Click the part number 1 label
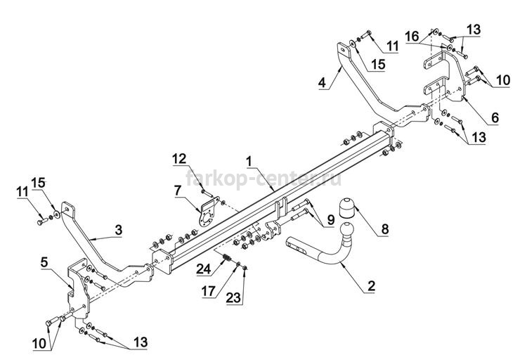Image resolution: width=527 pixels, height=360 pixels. point(249,162)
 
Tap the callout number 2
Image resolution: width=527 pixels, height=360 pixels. point(372,286)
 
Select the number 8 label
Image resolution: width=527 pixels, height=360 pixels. point(385,229)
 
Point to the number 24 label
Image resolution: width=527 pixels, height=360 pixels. point(204,269)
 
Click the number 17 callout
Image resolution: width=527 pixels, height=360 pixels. point(208,291)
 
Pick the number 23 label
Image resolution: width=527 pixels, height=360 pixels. point(233,297)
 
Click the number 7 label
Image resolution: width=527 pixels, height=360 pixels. point(178,191)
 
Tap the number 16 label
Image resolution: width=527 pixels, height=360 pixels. point(412,35)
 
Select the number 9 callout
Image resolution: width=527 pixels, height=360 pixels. point(331,220)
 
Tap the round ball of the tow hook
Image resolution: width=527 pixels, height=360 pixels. point(347,230)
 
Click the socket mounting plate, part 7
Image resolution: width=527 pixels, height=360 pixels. point(207,214)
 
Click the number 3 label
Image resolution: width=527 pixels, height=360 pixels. point(118,230)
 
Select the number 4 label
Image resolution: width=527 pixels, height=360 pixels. point(323,82)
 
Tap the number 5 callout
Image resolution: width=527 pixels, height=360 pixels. point(44,262)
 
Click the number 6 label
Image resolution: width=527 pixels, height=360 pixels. point(495,117)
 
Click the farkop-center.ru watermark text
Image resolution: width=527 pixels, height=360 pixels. point(263,179)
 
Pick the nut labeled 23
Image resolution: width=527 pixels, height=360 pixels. point(245,267)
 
